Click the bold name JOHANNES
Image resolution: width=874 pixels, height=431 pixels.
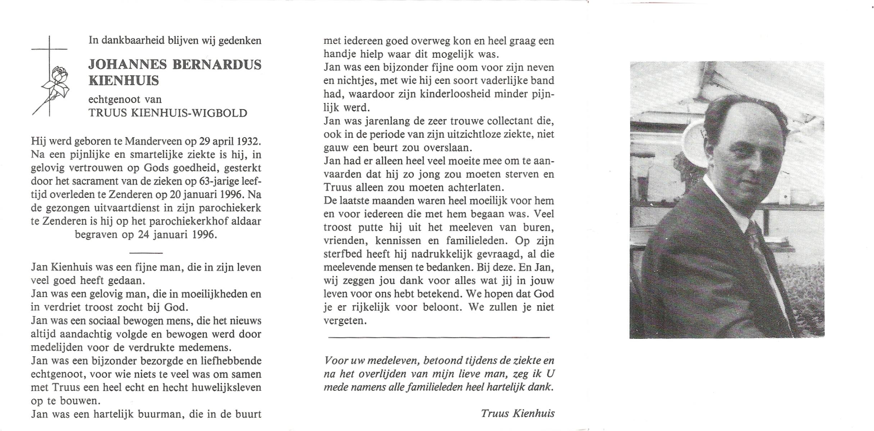point(128,65)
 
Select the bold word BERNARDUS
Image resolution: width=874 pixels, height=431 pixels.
point(217,65)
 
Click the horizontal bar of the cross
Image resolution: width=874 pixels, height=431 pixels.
point(49,49)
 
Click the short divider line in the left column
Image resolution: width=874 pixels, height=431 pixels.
point(146,253)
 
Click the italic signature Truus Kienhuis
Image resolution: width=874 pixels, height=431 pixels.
point(518,414)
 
